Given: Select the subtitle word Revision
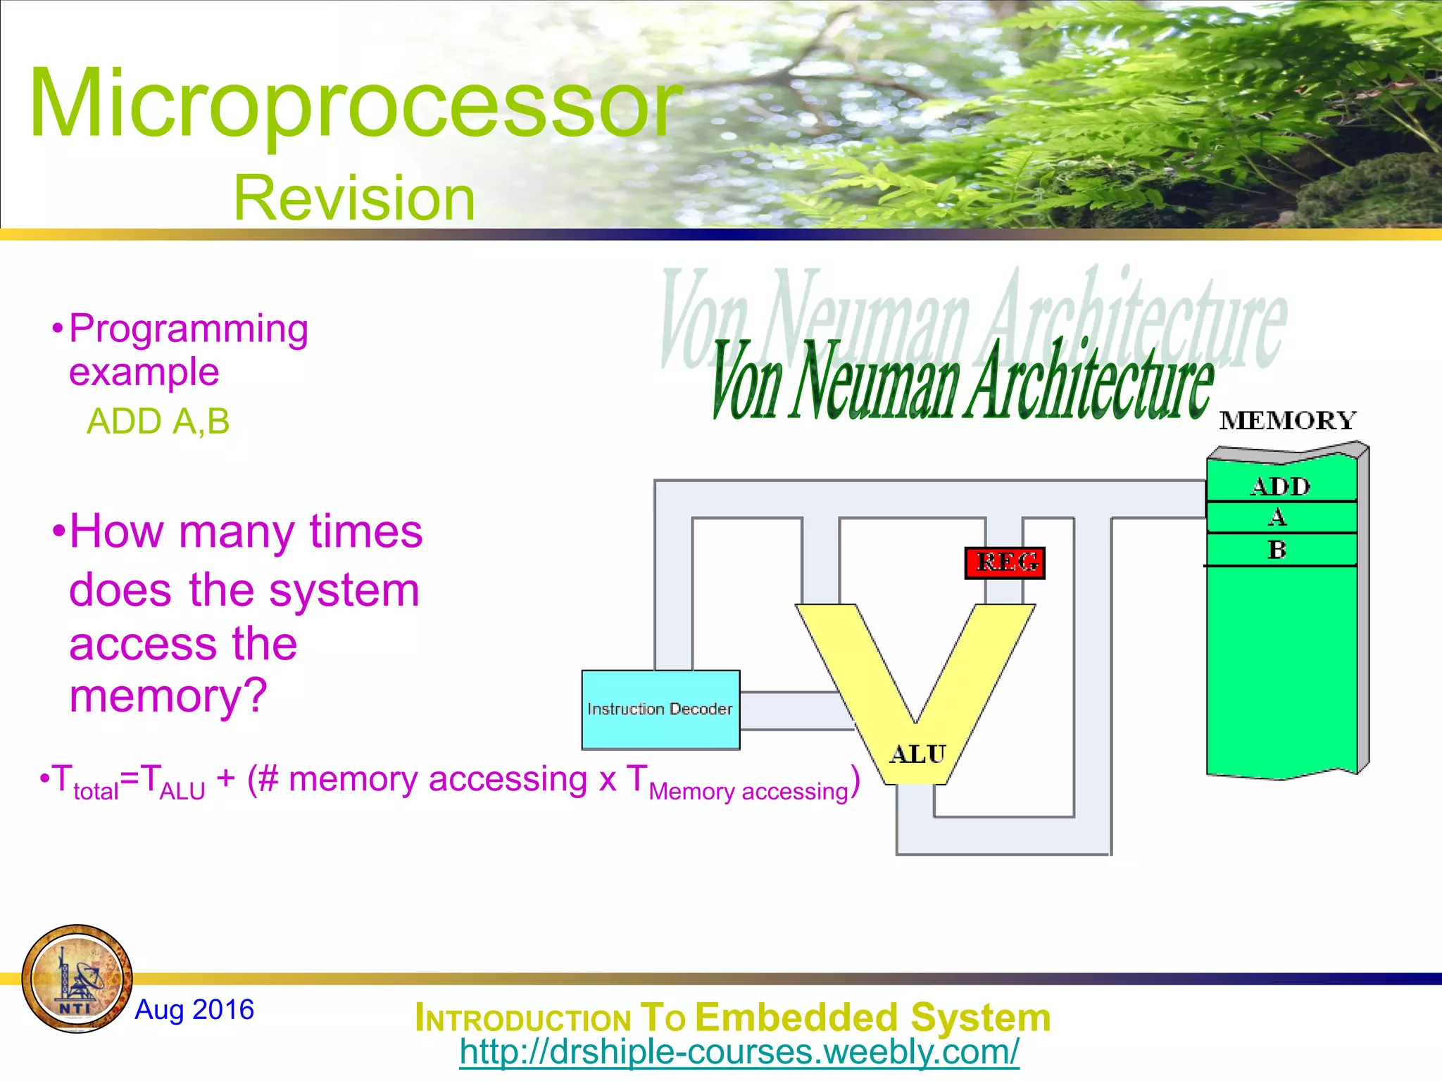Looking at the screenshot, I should [354, 198].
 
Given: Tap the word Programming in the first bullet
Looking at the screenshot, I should [189, 329].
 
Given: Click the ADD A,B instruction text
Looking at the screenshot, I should [158, 422].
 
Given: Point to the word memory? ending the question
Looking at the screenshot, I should [168, 696].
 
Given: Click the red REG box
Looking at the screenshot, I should [1005, 562].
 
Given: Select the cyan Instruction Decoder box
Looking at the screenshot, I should [660, 709].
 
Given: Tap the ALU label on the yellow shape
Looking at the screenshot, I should [917, 754].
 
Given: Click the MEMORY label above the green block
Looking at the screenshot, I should [1288, 421].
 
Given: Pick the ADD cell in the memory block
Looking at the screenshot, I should [1281, 486].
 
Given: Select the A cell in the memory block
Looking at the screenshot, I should [1278, 518].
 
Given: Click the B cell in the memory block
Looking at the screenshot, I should [1278, 549].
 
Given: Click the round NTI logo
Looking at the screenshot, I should [77, 978].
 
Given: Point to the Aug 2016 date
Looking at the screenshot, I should [194, 1009].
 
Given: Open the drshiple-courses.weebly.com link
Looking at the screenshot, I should [739, 1052].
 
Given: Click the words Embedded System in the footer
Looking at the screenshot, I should [872, 1018].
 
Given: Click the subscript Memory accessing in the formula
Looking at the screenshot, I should [748, 792].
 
